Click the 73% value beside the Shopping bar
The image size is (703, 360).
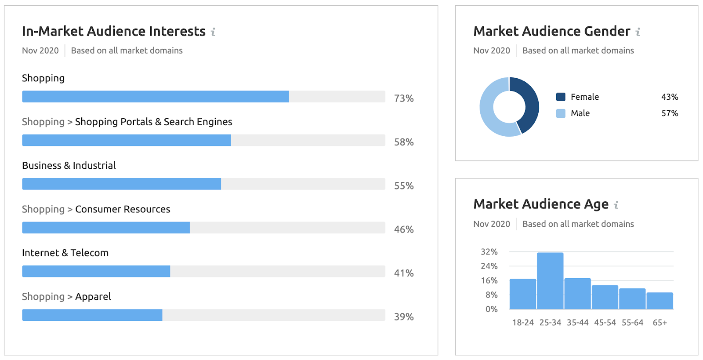[403, 98]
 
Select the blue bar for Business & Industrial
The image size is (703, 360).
[121, 184]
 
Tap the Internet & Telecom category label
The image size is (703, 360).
[65, 253]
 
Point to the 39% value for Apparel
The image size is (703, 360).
[403, 316]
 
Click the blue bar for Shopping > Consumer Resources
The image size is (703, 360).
[106, 228]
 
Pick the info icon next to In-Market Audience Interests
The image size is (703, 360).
[213, 32]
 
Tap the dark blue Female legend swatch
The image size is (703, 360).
[561, 97]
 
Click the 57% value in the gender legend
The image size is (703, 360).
[670, 113]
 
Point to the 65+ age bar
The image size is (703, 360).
[660, 301]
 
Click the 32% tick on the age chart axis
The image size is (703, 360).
[489, 252]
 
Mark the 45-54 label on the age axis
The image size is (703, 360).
[605, 323]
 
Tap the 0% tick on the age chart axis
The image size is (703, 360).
[491, 309]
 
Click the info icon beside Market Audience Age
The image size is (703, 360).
[616, 205]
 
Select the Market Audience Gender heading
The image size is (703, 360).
[551, 31]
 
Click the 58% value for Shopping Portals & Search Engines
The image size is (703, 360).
[403, 142]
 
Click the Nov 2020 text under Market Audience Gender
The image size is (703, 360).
[492, 51]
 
